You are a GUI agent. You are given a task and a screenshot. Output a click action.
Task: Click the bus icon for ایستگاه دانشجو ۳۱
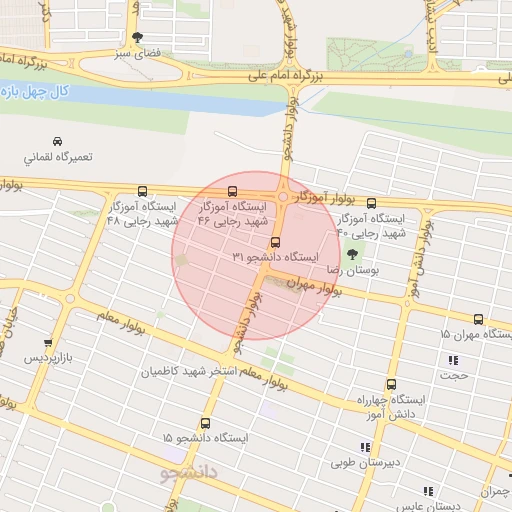point(274,242)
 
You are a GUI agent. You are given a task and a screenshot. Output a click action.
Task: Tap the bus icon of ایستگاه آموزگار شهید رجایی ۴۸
point(142,191)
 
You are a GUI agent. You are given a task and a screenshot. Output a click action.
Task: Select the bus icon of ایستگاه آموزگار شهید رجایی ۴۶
point(233,191)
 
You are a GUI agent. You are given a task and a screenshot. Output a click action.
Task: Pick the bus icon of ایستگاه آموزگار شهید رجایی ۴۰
point(372,203)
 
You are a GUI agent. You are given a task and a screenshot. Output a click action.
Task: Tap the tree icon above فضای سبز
point(137,37)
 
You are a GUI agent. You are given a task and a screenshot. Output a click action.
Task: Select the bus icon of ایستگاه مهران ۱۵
point(478,319)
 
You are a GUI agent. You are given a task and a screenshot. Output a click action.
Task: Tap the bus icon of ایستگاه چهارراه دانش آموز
point(389,384)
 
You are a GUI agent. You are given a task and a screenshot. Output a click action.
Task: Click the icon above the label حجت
point(454,360)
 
